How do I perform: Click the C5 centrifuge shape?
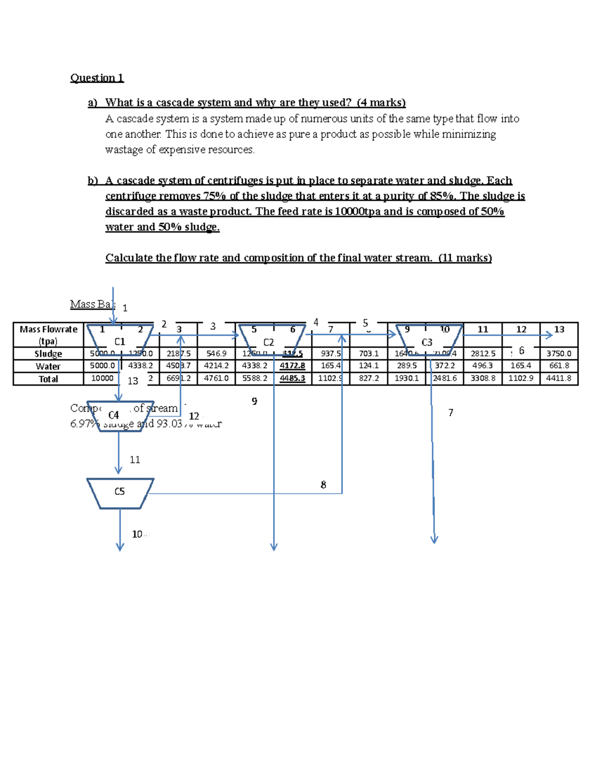point(120,493)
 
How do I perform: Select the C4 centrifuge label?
point(113,415)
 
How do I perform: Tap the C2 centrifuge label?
point(269,342)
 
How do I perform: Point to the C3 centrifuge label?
point(427,342)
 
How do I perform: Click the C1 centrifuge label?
point(120,342)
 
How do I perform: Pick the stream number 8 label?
point(323,485)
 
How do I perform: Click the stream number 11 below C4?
point(135,460)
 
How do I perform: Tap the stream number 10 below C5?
point(137,534)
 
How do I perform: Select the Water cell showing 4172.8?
point(293,366)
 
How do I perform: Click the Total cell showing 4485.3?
point(293,379)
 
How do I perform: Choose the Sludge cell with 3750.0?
point(559,353)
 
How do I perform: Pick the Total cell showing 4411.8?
point(559,379)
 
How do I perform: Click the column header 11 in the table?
point(483,330)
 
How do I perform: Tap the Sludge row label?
point(48,354)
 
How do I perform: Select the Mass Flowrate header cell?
point(48,335)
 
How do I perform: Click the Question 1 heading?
point(97,78)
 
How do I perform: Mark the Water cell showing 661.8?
point(559,366)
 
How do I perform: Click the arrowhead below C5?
point(120,548)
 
